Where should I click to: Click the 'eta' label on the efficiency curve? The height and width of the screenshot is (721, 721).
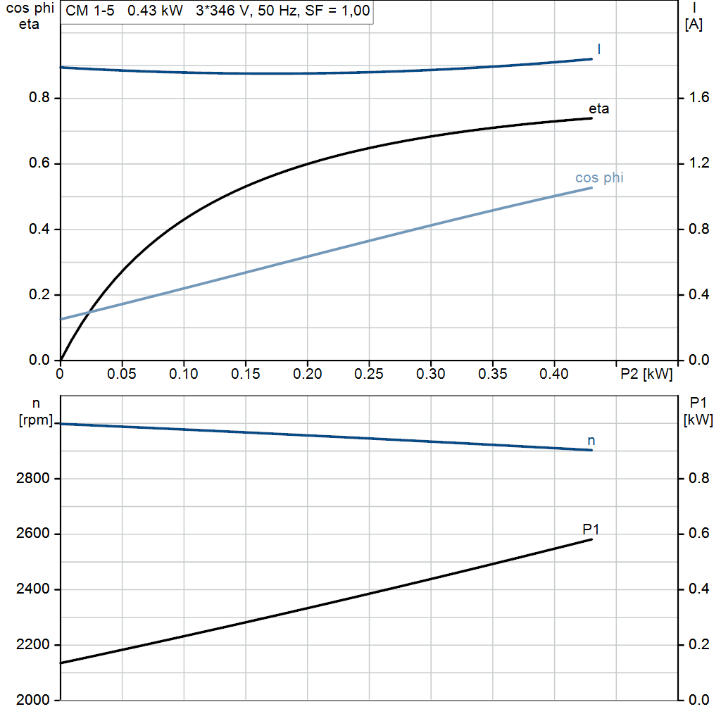[x=599, y=109]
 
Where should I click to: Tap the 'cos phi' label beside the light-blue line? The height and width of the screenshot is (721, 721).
[x=599, y=178]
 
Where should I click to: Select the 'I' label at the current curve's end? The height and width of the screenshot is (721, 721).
[x=599, y=49]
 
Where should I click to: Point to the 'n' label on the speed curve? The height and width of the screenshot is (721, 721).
[x=591, y=441]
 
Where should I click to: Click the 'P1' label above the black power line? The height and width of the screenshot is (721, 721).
[x=591, y=529]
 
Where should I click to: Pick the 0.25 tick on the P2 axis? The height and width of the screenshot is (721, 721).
[x=369, y=374]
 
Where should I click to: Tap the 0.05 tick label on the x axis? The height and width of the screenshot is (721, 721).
[x=122, y=374]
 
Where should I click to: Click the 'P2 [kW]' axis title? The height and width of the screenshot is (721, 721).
[x=646, y=374]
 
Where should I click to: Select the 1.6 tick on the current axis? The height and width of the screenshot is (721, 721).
[x=696, y=98]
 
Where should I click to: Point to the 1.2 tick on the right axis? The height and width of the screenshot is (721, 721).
[x=696, y=163]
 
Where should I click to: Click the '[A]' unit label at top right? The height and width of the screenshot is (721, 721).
[x=694, y=25]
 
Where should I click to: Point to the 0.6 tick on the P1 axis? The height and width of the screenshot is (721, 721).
[x=696, y=534]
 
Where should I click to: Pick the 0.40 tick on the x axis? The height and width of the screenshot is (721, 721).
[x=554, y=374]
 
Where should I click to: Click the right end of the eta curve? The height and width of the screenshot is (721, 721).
[x=591, y=118]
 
